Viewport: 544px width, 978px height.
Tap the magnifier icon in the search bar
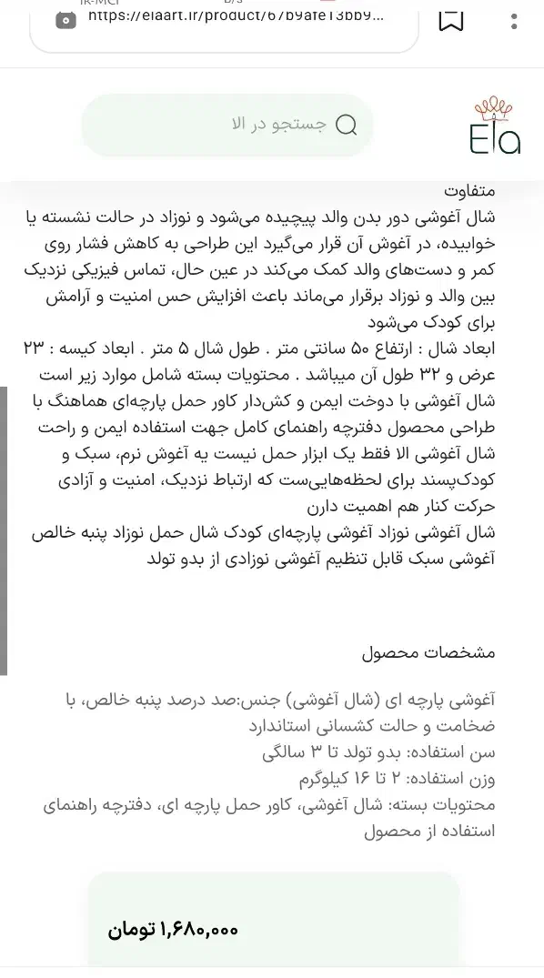click(347, 126)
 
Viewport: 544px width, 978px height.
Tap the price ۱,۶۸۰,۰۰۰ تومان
click(173, 930)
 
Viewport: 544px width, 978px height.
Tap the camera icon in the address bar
click(65, 18)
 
